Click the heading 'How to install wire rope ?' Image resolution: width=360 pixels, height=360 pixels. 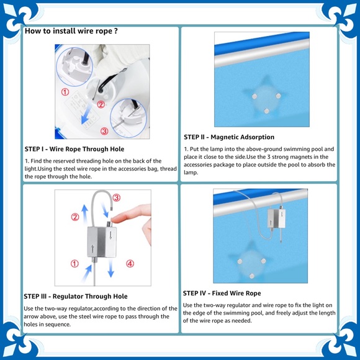71,31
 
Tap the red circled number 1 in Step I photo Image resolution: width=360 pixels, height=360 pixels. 65,92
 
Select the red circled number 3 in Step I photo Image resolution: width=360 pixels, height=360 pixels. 104,131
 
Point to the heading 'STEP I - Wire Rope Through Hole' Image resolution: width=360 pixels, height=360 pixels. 74,149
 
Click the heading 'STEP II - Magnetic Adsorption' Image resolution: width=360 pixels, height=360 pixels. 229,137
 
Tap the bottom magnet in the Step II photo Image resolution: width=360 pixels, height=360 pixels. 266,111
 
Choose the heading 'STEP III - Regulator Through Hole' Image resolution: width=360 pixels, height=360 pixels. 76,296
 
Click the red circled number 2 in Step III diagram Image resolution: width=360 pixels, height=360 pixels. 75,217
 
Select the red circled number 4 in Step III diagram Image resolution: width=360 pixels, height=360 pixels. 130,264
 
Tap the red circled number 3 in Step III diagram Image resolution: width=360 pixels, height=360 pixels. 117,197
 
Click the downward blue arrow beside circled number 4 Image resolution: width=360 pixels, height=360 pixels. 111,268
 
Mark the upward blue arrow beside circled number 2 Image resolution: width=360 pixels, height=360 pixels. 84,214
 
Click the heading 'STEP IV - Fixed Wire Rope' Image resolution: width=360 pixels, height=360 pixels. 222,293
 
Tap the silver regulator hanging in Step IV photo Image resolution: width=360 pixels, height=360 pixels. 276,218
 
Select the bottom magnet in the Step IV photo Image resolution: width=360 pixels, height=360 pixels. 252,276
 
